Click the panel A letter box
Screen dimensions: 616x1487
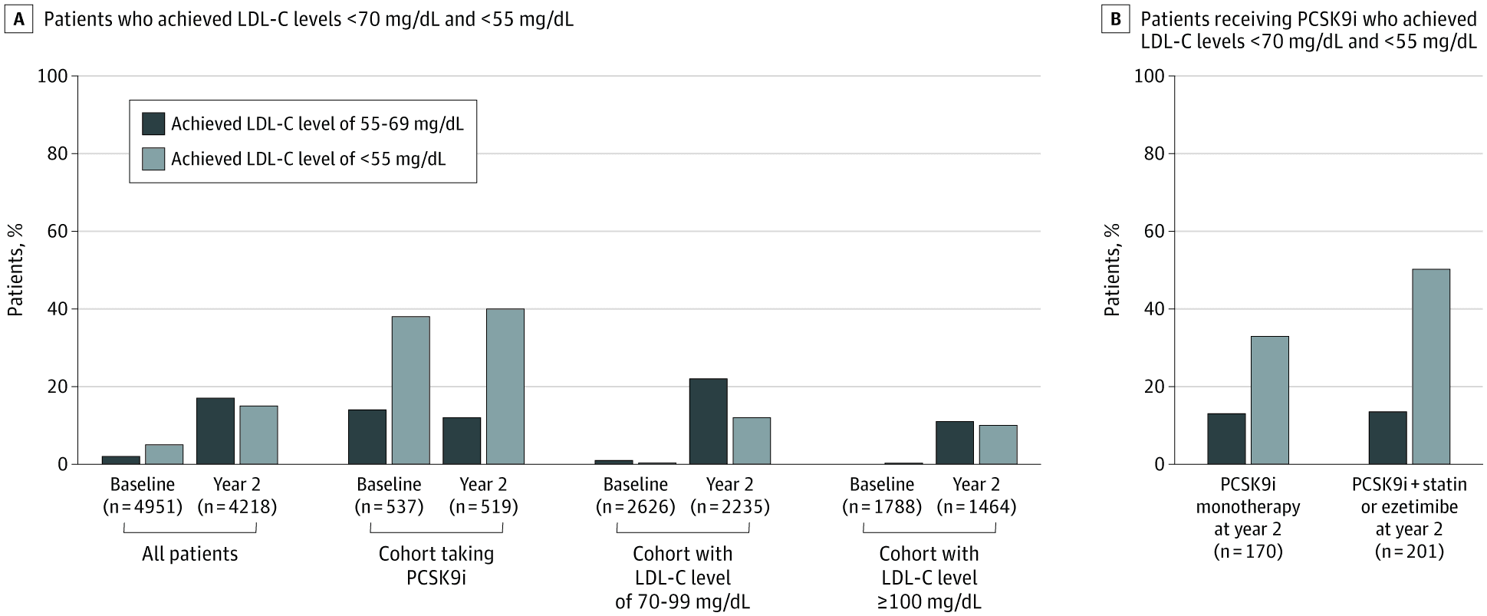tap(20, 20)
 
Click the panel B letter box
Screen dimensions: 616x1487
tap(1115, 20)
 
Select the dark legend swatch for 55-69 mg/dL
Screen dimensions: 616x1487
tap(153, 124)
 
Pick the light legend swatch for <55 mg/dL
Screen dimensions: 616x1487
tap(153, 159)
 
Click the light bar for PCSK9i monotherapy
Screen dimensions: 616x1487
tap(1269, 400)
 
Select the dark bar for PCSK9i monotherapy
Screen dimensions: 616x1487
tap(1226, 439)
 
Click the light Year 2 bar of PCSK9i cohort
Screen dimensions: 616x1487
tap(505, 387)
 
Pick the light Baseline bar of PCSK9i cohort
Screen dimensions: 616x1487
tap(410, 390)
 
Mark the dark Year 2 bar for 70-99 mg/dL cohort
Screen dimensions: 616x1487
tap(708, 421)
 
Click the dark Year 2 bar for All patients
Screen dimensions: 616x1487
tap(215, 431)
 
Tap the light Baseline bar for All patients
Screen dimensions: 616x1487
tap(164, 454)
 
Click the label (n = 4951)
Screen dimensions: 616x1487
tap(143, 506)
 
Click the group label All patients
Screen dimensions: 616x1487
tap(189, 554)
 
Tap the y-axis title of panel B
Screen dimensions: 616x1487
tap(1112, 270)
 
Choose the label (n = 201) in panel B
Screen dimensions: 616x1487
tap(1409, 551)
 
